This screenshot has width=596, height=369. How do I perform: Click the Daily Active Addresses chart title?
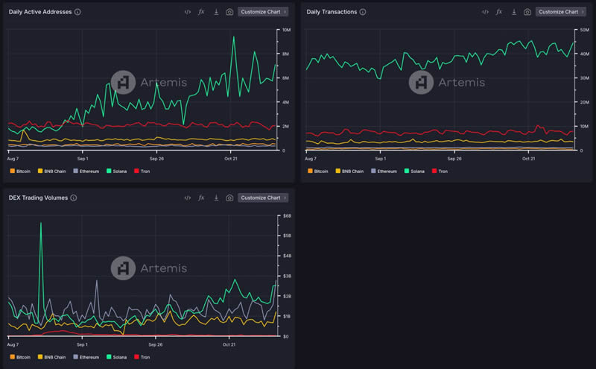[40, 12]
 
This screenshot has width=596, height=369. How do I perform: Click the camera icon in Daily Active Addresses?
[229, 12]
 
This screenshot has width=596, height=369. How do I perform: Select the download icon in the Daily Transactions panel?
[514, 12]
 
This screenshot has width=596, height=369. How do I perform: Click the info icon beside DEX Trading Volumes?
[74, 198]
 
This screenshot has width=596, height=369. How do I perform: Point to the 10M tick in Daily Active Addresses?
[286, 30]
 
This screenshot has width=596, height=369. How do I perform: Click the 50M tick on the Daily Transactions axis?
[584, 30]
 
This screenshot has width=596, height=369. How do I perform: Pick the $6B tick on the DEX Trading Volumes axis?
[287, 215]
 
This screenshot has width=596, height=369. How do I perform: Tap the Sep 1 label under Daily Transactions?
[381, 159]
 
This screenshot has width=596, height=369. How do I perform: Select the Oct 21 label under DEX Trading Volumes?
[229, 344]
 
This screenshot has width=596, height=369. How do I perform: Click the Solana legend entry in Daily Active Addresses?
[117, 171]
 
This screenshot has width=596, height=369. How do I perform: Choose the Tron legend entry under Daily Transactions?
[440, 171]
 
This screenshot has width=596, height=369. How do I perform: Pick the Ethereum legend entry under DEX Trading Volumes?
[86, 357]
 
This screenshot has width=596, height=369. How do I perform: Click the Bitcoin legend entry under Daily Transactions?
[318, 171]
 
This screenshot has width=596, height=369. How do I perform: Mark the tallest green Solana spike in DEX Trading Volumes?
[41, 223]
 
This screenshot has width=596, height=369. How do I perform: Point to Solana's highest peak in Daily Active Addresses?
[234, 37]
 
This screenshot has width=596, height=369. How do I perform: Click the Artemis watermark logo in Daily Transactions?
[421, 82]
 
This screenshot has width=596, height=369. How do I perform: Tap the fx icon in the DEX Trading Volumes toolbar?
[201, 198]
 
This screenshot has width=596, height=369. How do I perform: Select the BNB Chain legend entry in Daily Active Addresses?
[51, 171]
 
